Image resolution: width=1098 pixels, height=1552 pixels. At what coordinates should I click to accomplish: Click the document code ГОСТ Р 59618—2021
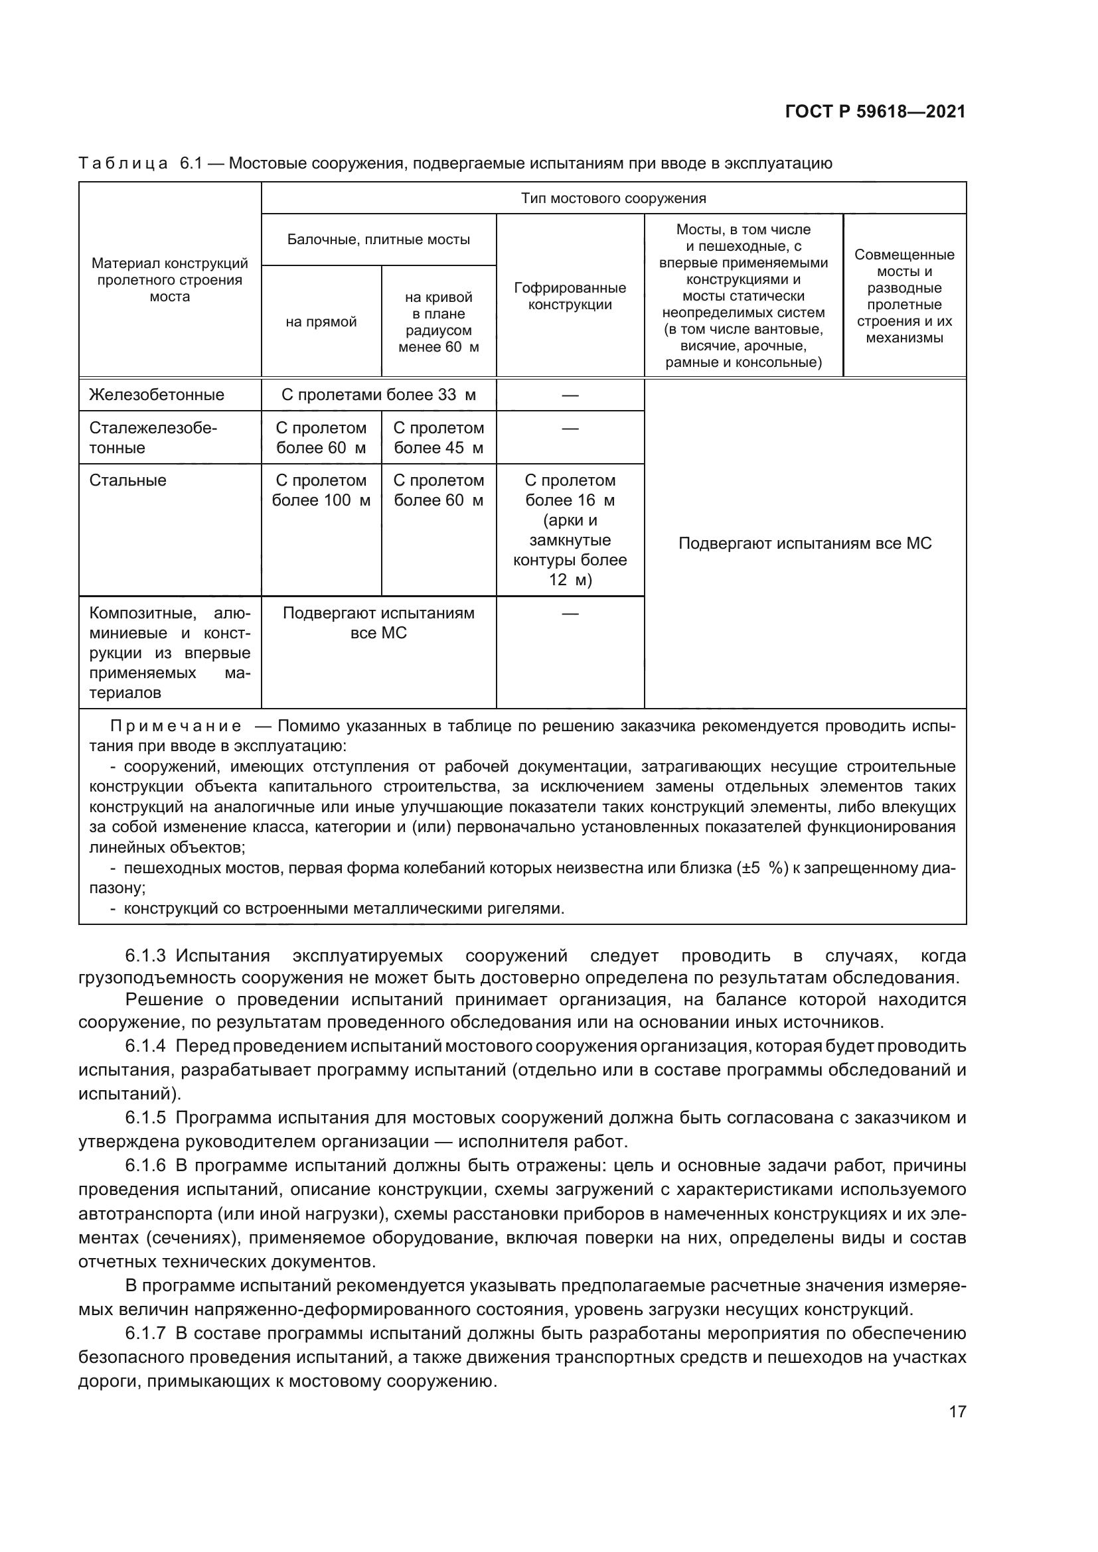(x=875, y=111)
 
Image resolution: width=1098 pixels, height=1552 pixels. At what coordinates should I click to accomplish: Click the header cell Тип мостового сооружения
(x=613, y=198)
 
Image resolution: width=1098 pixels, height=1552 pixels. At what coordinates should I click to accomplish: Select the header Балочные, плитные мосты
(x=378, y=240)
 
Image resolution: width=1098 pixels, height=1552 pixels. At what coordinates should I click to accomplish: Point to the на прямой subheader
(x=321, y=322)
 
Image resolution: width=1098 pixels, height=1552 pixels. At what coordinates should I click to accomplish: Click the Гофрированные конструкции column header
(x=570, y=296)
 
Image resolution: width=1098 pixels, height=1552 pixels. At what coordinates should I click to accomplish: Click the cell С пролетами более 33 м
(x=378, y=395)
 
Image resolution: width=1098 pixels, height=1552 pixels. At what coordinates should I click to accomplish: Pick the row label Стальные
(x=127, y=480)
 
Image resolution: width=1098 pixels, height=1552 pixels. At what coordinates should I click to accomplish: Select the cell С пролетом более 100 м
(x=321, y=491)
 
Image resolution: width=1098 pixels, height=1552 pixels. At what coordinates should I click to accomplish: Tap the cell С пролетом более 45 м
(x=439, y=438)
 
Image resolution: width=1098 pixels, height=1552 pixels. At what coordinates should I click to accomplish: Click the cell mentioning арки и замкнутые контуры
(x=570, y=531)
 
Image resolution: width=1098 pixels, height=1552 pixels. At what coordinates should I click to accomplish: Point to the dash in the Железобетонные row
(x=570, y=395)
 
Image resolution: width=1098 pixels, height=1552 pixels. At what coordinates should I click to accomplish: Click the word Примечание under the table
(x=176, y=727)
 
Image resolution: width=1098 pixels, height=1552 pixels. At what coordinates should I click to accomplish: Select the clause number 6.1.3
(x=145, y=955)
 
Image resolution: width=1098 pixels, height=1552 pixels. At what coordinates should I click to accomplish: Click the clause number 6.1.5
(x=145, y=1117)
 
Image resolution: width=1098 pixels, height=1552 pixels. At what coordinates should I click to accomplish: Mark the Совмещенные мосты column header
(x=904, y=296)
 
